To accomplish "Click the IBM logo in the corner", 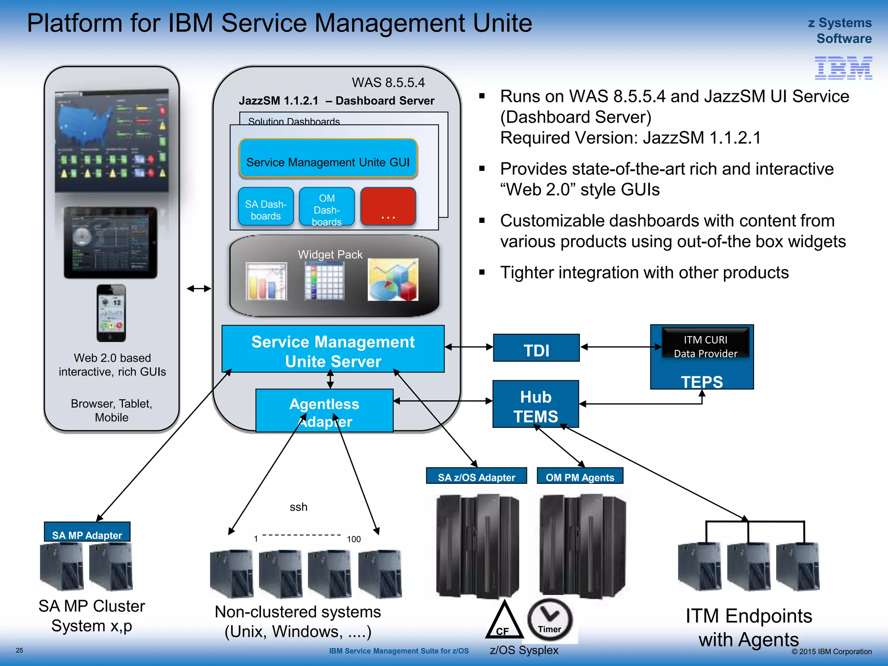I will [843, 68].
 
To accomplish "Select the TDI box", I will [536, 348].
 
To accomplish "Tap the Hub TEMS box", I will [535, 404].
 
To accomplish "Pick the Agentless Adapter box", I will [324, 411].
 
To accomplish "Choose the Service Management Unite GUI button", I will [328, 159].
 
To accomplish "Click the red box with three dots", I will [388, 207].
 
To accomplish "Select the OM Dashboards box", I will [326, 207].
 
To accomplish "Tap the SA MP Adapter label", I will [87, 532].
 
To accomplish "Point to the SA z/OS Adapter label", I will [476, 476].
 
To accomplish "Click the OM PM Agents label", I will [580, 476].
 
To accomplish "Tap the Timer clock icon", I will [550, 620].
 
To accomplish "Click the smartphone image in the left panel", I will [111, 313].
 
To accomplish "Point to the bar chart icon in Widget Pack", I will [266, 282].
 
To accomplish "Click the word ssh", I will [298, 507].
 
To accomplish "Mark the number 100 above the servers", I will [353, 539].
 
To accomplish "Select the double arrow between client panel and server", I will [199, 288].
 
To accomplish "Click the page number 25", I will [20, 650].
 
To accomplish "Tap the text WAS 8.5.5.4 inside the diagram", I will [388, 82].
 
